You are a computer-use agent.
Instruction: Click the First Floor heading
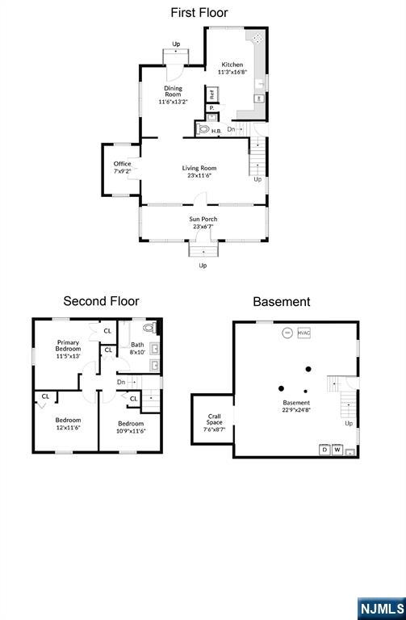click(199, 13)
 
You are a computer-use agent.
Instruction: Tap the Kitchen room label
click(232, 65)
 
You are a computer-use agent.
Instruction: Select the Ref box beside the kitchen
click(212, 94)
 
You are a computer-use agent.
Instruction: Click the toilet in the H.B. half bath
click(203, 129)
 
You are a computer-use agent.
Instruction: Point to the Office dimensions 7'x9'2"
click(122, 171)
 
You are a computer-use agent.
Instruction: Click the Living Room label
click(199, 168)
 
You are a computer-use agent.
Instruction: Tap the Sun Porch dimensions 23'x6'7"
click(203, 227)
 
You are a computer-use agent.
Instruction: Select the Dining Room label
click(174, 91)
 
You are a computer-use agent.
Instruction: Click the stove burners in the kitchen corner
click(257, 38)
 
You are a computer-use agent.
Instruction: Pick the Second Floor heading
click(101, 301)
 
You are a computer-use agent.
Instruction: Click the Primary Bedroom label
click(68, 346)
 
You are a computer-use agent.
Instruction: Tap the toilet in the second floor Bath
click(149, 328)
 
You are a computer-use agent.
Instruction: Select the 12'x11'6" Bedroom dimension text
click(68, 427)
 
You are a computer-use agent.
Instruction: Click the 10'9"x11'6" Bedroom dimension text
click(131, 430)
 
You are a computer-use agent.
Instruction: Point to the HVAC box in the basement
click(304, 333)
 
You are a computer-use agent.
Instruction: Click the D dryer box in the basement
click(324, 450)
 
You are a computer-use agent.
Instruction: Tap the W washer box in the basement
click(337, 450)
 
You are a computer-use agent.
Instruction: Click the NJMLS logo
click(382, 609)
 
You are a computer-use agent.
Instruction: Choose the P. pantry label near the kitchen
click(212, 107)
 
